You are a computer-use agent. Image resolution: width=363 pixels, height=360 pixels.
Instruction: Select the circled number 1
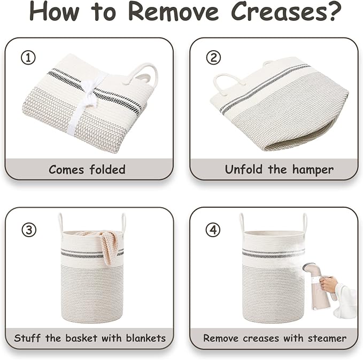click(x=28, y=58)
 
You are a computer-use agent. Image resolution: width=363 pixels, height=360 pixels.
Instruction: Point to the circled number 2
click(x=213, y=58)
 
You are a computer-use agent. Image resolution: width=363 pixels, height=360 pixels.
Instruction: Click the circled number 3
click(x=29, y=230)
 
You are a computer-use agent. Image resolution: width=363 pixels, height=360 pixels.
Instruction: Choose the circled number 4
click(x=213, y=230)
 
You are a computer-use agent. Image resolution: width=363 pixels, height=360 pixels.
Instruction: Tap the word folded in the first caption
click(x=107, y=169)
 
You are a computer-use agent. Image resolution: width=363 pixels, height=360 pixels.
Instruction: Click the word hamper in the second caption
click(x=313, y=170)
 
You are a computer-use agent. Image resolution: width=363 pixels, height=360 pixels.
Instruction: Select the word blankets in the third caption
click(x=146, y=338)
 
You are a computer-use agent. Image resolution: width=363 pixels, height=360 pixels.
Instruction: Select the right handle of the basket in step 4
click(x=305, y=223)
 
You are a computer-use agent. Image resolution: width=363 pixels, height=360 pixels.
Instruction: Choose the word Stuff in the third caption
click(x=27, y=338)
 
